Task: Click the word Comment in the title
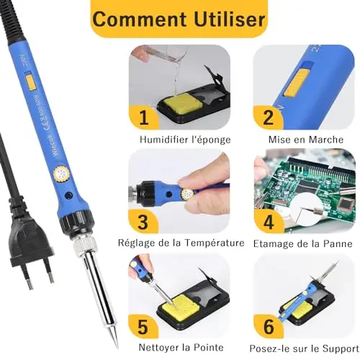coord(140,19)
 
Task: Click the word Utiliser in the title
coord(230,19)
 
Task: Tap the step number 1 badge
coord(144,117)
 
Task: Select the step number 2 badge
coord(268,117)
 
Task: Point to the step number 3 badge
coord(143,221)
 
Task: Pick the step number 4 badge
coord(269,222)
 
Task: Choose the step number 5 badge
coord(143,326)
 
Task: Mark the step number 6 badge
coord(269,326)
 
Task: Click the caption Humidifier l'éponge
coord(185,140)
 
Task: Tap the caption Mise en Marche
coord(306,140)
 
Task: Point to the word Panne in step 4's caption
coord(338,243)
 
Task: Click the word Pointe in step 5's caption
coord(208,347)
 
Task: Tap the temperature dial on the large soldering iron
coord(60,174)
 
